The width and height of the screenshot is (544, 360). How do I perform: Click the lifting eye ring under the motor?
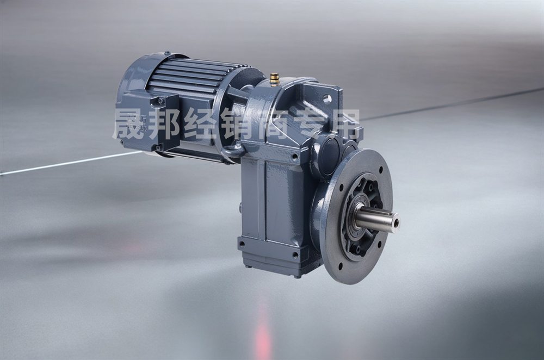(232, 151)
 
